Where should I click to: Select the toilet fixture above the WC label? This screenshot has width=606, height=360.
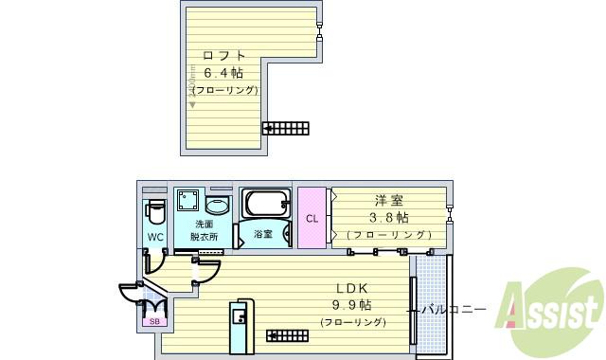pos(156,209)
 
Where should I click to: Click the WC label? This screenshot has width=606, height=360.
pos(155,237)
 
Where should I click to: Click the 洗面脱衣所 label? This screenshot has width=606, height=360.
pos(203,230)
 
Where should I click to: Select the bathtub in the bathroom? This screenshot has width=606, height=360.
pos(264,203)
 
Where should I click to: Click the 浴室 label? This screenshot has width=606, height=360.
pos(263,234)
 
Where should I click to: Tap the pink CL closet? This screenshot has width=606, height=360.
pos(312,219)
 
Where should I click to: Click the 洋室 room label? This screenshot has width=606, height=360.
pos(388,201)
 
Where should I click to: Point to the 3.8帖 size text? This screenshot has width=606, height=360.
pos(388,218)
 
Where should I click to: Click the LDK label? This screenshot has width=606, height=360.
pos(351,288)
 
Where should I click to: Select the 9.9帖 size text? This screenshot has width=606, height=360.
pos(351,305)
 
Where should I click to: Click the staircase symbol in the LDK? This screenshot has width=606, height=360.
pos(286,334)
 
